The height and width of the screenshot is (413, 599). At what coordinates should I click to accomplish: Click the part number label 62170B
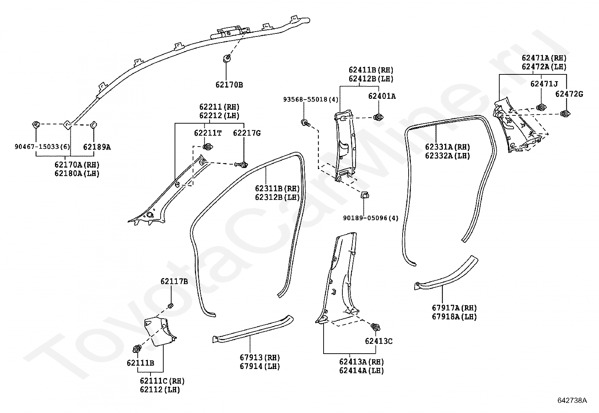coord(229,85)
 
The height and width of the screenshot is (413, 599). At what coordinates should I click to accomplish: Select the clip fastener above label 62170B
coord(227,58)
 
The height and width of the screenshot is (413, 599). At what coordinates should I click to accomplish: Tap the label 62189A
coord(97,147)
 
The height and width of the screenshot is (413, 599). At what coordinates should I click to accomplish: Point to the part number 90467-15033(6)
coord(42,147)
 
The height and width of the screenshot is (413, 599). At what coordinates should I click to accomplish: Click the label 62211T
coord(208,133)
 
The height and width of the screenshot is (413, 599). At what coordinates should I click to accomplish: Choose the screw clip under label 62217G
coord(241,165)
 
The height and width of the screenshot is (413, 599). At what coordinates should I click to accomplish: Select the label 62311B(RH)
coord(277,189)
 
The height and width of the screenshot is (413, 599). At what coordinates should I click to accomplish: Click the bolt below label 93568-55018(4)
coord(306,123)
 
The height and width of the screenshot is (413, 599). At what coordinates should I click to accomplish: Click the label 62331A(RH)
coord(447,147)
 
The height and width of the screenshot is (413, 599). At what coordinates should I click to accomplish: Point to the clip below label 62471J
coord(541,107)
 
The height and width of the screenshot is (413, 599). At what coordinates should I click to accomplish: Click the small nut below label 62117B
coord(170,306)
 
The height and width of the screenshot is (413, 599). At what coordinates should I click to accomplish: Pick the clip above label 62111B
coord(137,348)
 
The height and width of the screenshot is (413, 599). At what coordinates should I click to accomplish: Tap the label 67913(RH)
coord(260,357)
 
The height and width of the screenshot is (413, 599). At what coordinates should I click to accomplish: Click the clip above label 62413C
coord(376,327)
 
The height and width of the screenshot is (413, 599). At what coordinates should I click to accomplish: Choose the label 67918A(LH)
coord(455,316)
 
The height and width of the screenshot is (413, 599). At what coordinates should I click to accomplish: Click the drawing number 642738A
coord(572,400)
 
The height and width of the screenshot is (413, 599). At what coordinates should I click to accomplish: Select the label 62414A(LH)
coord(362,371)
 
